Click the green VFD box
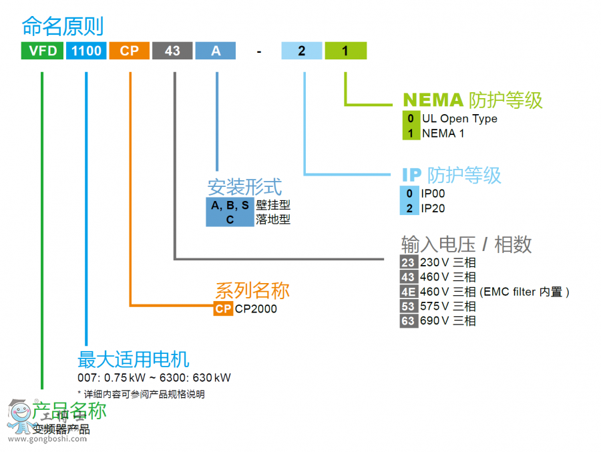[42, 51]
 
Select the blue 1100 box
[86, 51]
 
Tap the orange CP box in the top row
[130, 51]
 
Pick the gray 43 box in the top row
[172, 51]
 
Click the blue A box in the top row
[216, 51]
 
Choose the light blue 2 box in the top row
[302, 51]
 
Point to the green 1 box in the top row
[345, 51]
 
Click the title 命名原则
[63, 26]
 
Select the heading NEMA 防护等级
[472, 100]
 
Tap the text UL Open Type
[459, 119]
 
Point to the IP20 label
[433, 208]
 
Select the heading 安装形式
[244, 187]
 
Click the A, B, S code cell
[230, 206]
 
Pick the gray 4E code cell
[408, 292]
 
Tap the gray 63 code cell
[408, 321]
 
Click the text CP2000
[256, 309]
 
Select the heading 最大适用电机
[134, 359]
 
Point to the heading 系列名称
[252, 290]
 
